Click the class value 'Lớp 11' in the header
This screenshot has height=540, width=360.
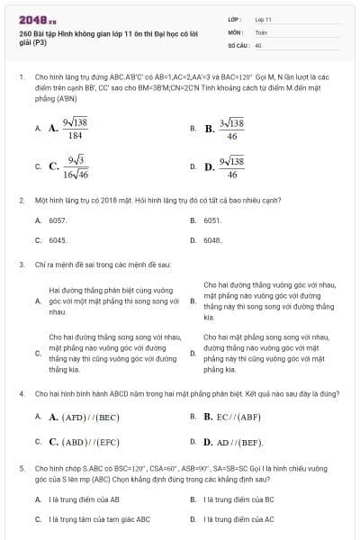click(x=263, y=19)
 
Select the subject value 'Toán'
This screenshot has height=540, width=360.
click(x=261, y=31)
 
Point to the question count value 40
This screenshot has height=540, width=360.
click(x=258, y=44)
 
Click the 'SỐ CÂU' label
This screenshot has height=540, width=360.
click(x=237, y=44)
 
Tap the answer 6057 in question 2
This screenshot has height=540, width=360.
click(x=58, y=220)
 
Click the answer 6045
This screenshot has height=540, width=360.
click(x=58, y=240)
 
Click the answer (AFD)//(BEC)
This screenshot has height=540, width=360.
click(x=85, y=418)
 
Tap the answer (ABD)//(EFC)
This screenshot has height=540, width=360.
click(x=85, y=442)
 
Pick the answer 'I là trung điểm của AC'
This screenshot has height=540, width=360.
click(x=238, y=519)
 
